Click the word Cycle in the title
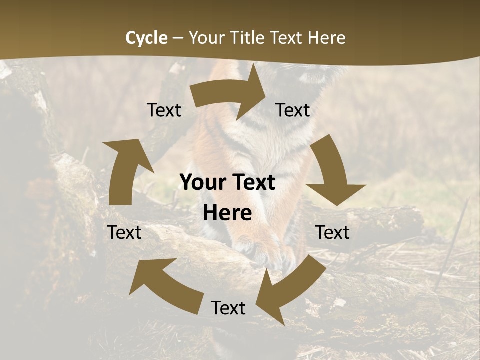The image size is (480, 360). (146, 38)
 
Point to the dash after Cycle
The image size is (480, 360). (178, 38)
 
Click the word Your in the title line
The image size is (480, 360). (205, 38)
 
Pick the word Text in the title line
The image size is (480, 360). (288, 38)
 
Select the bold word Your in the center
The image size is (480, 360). (204, 183)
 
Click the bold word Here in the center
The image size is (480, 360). (227, 213)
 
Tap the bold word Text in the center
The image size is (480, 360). (254, 183)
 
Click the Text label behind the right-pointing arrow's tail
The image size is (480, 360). (164, 110)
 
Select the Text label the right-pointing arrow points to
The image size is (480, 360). (293, 110)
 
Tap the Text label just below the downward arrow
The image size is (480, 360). (332, 232)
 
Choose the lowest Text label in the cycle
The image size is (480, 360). (228, 308)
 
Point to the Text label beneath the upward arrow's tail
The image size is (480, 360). (124, 232)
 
